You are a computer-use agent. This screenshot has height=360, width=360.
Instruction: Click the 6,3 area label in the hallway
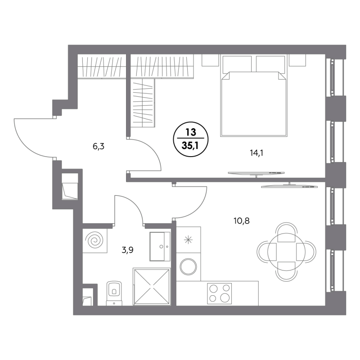point(99,146)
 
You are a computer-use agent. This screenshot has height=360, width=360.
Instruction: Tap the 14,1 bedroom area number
point(256,153)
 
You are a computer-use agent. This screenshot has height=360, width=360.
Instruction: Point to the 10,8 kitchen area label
point(242,221)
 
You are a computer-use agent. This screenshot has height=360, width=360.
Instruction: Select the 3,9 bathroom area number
point(127,250)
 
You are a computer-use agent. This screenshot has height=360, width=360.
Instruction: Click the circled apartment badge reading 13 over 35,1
point(191,139)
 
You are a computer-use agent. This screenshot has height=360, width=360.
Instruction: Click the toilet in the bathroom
point(114,293)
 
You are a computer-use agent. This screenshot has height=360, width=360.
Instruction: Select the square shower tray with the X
point(152,287)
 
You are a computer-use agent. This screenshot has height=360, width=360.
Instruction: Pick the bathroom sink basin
point(160,246)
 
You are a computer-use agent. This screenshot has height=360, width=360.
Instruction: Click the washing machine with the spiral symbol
point(95,241)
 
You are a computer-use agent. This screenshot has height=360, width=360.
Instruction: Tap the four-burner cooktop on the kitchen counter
point(219,293)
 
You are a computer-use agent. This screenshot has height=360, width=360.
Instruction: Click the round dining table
point(286,252)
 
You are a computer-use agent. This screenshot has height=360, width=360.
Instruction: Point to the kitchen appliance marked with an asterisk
point(188,240)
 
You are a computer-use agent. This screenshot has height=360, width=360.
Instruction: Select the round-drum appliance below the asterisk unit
point(188,267)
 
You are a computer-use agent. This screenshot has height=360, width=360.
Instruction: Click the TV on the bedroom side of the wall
point(256,173)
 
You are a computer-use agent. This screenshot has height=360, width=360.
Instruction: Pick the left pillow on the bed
point(237,63)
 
